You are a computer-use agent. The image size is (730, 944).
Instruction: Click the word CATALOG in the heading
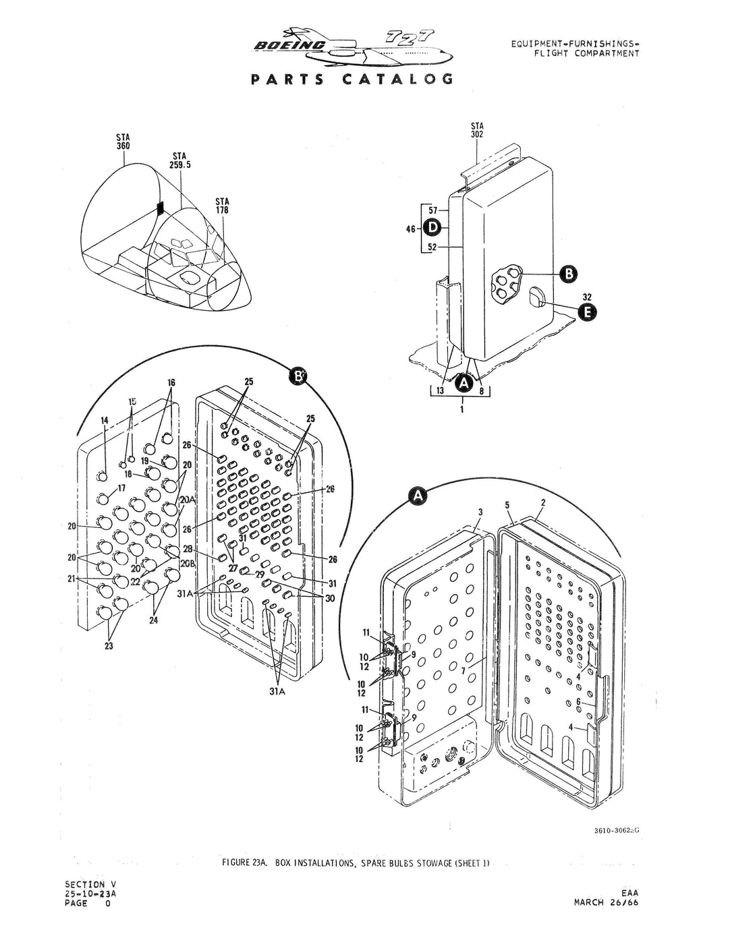398,79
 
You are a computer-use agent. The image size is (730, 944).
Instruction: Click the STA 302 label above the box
477,129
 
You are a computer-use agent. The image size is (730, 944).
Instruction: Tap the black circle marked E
587,311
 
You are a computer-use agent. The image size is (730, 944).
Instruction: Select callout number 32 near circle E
588,296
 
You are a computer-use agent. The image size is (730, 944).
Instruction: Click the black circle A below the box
463,383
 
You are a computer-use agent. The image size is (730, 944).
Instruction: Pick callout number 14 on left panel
104,421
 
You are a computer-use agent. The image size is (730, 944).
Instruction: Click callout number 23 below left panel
109,645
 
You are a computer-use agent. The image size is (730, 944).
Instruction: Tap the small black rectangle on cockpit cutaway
161,208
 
